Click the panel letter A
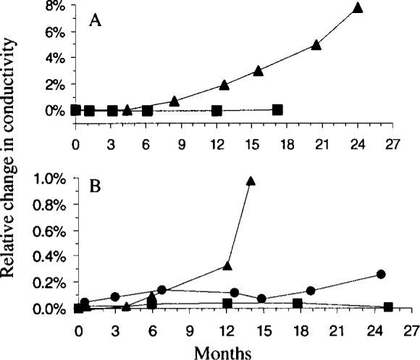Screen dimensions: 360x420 tap(95, 21)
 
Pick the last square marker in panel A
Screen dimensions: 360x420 tap(277, 110)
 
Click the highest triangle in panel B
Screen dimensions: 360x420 tap(251, 181)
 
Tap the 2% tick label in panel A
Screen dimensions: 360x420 tap(57, 84)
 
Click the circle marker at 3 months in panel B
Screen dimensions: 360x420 tap(114, 297)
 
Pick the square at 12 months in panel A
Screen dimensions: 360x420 tap(217, 111)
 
